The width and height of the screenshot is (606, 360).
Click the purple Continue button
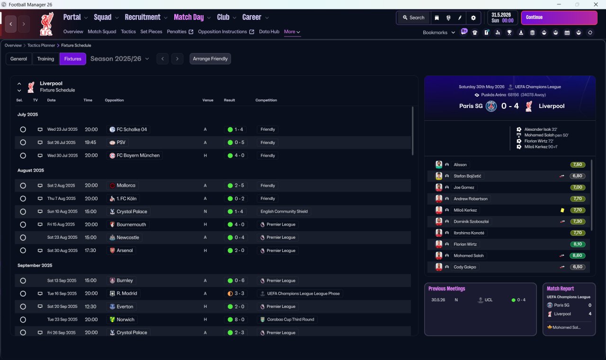tap(559, 18)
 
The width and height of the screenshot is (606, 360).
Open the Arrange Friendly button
tap(210, 59)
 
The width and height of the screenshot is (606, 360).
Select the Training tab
tap(45, 59)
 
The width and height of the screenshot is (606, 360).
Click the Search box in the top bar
tap(414, 18)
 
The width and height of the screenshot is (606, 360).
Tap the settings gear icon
tap(473, 18)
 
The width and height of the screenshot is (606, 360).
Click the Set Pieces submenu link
tap(151, 32)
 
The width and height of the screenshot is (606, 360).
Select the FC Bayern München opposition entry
tap(134, 155)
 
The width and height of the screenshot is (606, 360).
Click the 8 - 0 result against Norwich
tap(236, 319)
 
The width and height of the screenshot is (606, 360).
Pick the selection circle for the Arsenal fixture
tap(23, 251)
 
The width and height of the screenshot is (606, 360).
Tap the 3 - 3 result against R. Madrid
tap(236, 293)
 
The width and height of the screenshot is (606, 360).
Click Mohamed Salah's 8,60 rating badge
tap(577, 255)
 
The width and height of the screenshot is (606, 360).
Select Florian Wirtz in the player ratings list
tap(465, 244)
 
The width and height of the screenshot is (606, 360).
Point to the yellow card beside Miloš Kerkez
tap(562, 210)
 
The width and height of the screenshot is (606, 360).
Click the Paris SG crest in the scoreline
tap(491, 106)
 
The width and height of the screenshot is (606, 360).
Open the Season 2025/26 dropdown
tap(120, 59)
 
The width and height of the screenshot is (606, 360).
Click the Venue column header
tap(208, 100)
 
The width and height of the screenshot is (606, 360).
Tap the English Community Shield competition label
tap(284, 211)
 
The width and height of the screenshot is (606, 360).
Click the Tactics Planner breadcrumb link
tap(41, 45)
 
